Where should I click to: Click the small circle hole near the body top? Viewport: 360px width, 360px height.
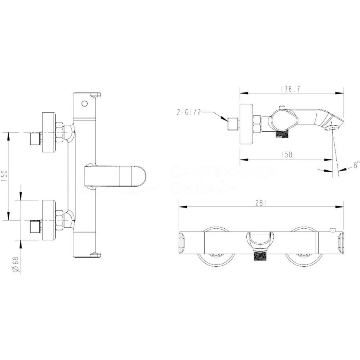84,104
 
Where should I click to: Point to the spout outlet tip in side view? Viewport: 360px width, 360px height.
333,128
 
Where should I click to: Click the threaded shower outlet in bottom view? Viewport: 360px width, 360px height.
260,256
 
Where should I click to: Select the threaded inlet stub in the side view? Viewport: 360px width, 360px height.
232,124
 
